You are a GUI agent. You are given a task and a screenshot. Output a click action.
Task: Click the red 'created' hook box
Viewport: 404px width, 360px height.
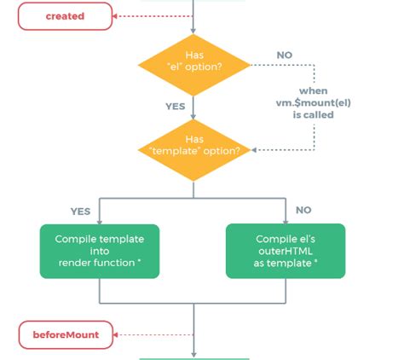click(66, 16)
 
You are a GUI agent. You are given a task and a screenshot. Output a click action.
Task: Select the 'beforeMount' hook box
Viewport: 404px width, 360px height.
click(66, 334)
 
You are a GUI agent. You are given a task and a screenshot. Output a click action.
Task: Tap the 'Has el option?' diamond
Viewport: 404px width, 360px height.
click(194, 65)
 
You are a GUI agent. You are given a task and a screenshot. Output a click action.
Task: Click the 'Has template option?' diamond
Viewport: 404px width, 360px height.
click(194, 150)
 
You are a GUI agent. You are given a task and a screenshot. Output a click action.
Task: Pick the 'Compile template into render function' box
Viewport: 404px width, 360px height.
click(100, 251)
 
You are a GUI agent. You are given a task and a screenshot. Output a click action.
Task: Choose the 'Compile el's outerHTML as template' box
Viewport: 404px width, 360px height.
click(286, 251)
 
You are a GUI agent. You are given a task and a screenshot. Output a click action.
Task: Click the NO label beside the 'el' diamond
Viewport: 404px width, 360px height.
click(285, 55)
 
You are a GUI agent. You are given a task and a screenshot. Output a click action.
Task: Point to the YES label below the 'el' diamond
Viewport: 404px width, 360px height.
click(176, 107)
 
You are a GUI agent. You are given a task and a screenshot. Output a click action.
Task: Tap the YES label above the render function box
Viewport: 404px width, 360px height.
click(80, 212)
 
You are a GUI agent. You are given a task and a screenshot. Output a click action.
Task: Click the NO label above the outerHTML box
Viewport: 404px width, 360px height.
click(303, 210)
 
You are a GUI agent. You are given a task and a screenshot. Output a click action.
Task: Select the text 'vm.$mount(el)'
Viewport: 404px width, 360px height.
click(313, 102)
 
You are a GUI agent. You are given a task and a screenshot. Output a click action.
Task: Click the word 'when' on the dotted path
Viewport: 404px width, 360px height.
click(313, 91)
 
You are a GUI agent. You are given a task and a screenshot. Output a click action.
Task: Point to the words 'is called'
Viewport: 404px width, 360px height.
click(313, 115)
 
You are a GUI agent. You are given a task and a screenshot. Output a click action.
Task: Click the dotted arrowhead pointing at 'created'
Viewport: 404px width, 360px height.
click(115, 16)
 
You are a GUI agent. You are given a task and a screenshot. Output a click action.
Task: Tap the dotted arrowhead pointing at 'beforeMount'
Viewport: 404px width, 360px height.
click(115, 334)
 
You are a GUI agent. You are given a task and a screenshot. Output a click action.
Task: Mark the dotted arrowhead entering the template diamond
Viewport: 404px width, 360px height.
click(254, 150)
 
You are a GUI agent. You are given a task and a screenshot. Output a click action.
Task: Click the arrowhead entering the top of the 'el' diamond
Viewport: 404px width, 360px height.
click(193, 31)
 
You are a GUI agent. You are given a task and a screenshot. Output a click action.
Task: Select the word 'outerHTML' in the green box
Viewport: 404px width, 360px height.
click(286, 251)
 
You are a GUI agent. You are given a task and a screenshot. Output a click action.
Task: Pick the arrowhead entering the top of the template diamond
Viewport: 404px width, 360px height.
click(193, 116)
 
